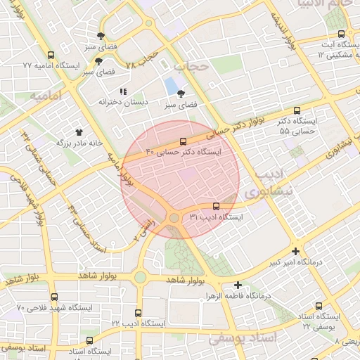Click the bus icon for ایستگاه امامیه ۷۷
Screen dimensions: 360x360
tap(49, 55)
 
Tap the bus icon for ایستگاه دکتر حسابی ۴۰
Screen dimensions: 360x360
tap(184, 141)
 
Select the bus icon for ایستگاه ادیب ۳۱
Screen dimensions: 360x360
tap(215, 207)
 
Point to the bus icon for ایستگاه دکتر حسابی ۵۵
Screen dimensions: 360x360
tap(297, 110)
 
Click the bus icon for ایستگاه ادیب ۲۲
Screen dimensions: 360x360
tap(138, 313)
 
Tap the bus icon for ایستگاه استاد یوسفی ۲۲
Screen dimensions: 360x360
tap(319, 306)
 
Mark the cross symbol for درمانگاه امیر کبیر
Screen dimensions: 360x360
tap(295, 251)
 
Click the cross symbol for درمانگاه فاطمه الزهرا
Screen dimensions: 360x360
tap(238, 285)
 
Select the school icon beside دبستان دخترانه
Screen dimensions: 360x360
tap(123, 91)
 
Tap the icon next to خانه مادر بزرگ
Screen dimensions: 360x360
tap(79, 131)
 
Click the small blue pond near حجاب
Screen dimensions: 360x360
tap(171, 87)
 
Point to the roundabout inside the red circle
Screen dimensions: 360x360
tap(174, 218)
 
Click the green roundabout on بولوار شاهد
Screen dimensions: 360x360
tap(140, 277)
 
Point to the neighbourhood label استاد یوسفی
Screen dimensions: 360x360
tap(243, 339)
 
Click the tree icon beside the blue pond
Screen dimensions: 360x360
tap(181, 94)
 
